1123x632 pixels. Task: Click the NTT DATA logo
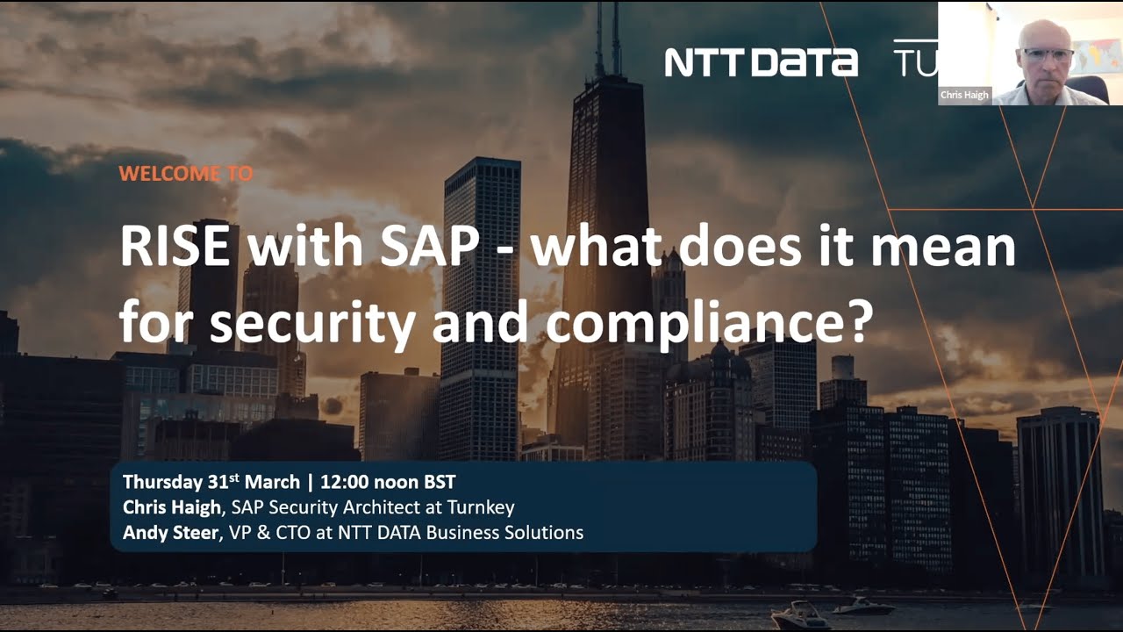tap(761, 61)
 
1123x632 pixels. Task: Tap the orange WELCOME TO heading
tap(185, 174)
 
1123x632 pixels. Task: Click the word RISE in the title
tap(175, 247)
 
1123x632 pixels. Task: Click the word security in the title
tap(311, 323)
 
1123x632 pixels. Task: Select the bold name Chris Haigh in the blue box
tap(169, 507)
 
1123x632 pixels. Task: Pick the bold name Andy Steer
tap(169, 532)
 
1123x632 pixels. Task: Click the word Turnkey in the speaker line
tap(481, 507)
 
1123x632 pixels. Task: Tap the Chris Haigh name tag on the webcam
tap(965, 96)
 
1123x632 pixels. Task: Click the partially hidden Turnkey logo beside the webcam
tap(915, 59)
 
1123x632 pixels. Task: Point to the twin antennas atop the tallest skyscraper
tap(607, 35)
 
